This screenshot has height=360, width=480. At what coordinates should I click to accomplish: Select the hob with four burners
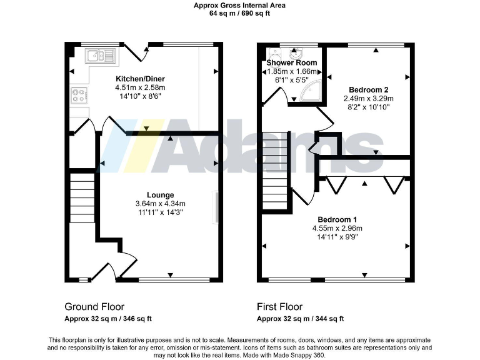[x=80, y=96]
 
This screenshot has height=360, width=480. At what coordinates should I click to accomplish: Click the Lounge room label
[x=160, y=195]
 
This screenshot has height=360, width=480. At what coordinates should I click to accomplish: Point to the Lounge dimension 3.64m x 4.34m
[x=160, y=204]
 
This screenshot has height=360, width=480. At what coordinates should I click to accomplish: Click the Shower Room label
[x=291, y=63]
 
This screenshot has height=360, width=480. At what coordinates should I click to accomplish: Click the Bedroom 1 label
[x=337, y=219]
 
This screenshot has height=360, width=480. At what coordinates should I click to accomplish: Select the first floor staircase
[x=275, y=172]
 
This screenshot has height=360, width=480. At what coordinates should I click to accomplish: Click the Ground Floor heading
[x=94, y=307]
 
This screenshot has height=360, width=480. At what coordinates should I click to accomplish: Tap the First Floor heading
[x=279, y=307]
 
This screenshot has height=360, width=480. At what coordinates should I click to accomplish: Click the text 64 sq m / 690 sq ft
[x=240, y=13]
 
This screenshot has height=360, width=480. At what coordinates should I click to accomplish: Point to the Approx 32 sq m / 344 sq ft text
[x=301, y=319]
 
